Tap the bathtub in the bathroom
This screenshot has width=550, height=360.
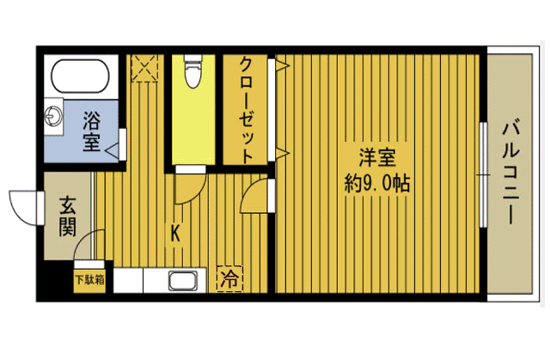pos(81,78)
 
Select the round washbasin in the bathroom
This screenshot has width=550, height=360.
pos(55,113)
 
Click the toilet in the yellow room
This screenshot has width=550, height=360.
pos(192,71)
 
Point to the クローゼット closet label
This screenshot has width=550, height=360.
pos(247,109)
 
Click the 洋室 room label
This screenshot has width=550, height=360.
pos(377,159)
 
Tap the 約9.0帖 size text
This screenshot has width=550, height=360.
pos(377,183)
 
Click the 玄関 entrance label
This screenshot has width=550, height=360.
pos(68,217)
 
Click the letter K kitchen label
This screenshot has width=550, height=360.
pos(175,232)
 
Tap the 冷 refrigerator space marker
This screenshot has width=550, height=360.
pos(229,278)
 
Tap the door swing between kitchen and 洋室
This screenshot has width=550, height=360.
pos(255,197)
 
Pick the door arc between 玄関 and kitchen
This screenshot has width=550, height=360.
pos(94,242)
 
